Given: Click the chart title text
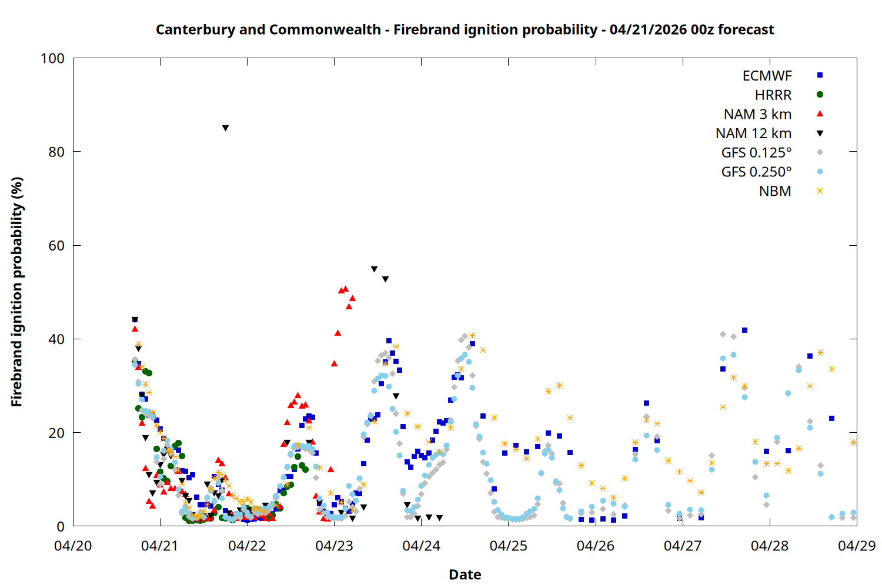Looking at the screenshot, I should coord(465,30).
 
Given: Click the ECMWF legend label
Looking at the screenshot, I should coord(767,76).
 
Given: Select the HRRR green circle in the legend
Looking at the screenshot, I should coord(820,95).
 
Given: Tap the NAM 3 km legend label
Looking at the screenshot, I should coord(757,114).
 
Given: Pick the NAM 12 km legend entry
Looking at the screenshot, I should coord(753,133).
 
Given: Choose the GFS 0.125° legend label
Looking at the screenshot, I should coord(756,153).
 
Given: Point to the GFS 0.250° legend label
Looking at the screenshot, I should coord(756,172).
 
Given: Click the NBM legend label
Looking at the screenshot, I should coord(775,192).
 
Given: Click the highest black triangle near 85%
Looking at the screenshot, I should coord(225,128).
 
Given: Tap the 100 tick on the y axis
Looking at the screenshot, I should coord(53,59).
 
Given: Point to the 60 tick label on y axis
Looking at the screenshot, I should coord(56,246).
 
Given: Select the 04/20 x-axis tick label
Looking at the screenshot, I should coord(73,546).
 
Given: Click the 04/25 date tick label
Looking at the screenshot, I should coord(508,546).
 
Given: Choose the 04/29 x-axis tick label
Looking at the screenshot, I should coord(856,546).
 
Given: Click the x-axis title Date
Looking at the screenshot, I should coord(465,574).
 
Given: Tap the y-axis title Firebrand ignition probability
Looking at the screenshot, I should coord(17,292).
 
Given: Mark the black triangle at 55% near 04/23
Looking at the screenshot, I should coord(374,269).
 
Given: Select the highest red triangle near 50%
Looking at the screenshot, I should coord(345,289).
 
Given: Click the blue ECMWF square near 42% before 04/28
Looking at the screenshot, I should coord(744,330).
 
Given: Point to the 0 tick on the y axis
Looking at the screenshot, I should coord(61,527).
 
